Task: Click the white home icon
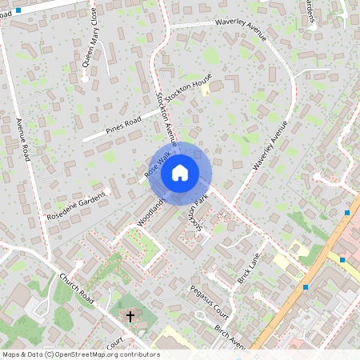[x=180, y=171]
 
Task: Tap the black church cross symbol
[x=130, y=317]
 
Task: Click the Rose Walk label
[x=158, y=165]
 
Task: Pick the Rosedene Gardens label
[x=77, y=206]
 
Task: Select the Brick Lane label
[x=250, y=270]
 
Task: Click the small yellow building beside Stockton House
[x=206, y=91]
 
